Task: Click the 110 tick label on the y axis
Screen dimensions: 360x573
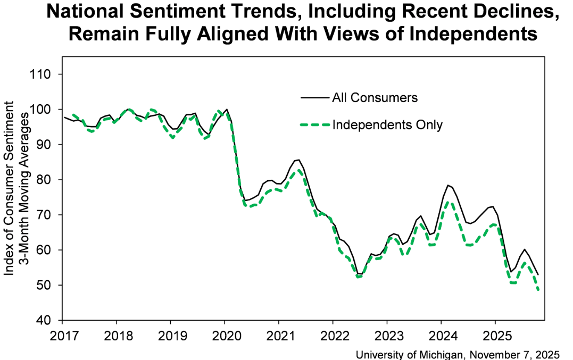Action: pos(40,74)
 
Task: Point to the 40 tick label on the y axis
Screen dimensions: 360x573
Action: pos(43,321)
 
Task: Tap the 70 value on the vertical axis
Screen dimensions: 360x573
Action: pos(43,215)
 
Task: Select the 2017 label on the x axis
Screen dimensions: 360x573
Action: pos(62,337)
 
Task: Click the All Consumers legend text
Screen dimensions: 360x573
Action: pos(375,98)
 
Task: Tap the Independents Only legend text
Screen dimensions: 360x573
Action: pos(387,125)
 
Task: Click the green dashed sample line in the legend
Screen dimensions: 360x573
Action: pos(315,125)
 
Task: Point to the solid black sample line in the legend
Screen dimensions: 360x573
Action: pos(315,98)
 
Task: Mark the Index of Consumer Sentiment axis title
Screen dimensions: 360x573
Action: pos(10,197)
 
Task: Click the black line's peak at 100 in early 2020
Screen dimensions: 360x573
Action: pos(227,110)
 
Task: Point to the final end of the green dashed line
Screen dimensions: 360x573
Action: pos(539,290)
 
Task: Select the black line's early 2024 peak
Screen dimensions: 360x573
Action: pos(449,185)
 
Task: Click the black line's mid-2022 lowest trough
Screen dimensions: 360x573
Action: pos(360,274)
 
